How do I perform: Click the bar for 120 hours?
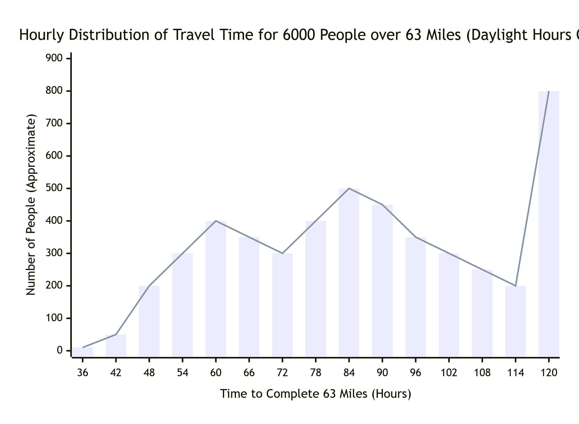pos(549,224)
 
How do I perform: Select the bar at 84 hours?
pos(349,272)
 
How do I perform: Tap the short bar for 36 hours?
pos(83,352)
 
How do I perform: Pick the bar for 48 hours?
pos(149,321)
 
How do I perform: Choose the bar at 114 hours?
pos(515,321)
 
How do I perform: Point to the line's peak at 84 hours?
pos(349,188)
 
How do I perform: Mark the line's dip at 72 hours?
pos(282,253)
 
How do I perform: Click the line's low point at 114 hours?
pos(515,286)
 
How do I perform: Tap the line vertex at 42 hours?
pos(116,334)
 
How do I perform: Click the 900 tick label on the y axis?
pos(54,58)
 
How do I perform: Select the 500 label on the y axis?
pos(54,188)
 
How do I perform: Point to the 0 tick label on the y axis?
pos(60,351)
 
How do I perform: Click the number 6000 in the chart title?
pos(299,35)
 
